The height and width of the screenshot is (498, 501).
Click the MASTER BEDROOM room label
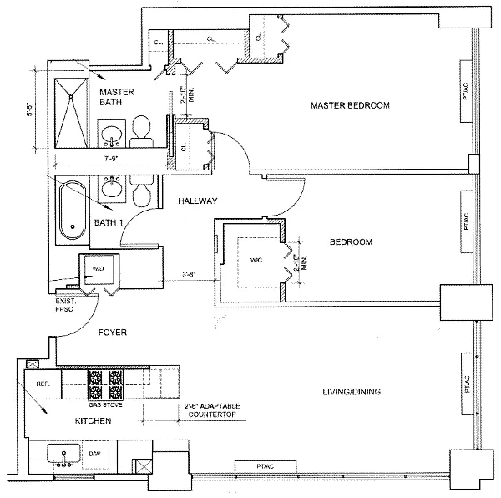coord(350,105)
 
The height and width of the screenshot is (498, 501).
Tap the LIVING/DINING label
coord(352,392)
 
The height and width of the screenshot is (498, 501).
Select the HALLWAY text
coord(197,201)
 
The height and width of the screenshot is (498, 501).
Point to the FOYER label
coord(113,333)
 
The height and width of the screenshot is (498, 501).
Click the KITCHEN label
coord(93,420)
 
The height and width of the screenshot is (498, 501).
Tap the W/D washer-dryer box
coord(99,269)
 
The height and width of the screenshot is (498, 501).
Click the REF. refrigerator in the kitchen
coord(43,384)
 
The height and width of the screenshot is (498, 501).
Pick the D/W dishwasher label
coord(94,454)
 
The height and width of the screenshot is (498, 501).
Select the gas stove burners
coord(106,384)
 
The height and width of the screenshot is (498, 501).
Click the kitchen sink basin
coord(63,454)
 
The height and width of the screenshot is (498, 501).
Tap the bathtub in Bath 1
coord(73,210)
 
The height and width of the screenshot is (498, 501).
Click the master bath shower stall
coord(71,113)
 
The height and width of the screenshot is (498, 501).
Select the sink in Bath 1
coord(112,188)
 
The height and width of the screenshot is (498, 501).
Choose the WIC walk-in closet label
coord(256,260)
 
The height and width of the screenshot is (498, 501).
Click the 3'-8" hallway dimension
coord(189,274)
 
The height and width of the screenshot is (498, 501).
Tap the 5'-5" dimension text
coord(29,109)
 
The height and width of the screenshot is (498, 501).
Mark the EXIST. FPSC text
coord(64,305)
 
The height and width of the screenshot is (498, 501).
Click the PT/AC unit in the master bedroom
coord(466,91)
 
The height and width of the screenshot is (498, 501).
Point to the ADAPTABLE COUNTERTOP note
coord(212,410)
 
